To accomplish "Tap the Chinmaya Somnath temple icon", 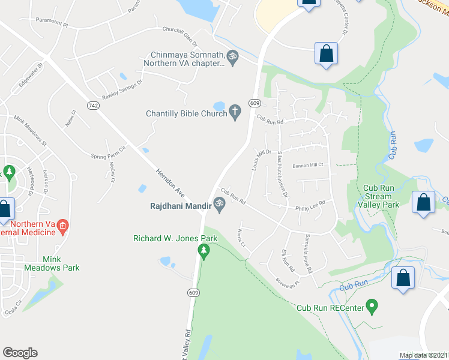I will tap(232, 57).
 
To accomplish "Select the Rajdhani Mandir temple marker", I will tap(219, 205).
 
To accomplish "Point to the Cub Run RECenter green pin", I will tap(372, 307).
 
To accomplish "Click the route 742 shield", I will tap(92, 105).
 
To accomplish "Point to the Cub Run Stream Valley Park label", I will tap(378, 196).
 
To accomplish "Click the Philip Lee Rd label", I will tap(310, 206).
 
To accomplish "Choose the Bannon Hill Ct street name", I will tap(308, 165).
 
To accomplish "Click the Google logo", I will tap(20, 352).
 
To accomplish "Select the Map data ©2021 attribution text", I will tap(423, 355).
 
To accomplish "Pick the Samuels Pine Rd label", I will tap(309, 245).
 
